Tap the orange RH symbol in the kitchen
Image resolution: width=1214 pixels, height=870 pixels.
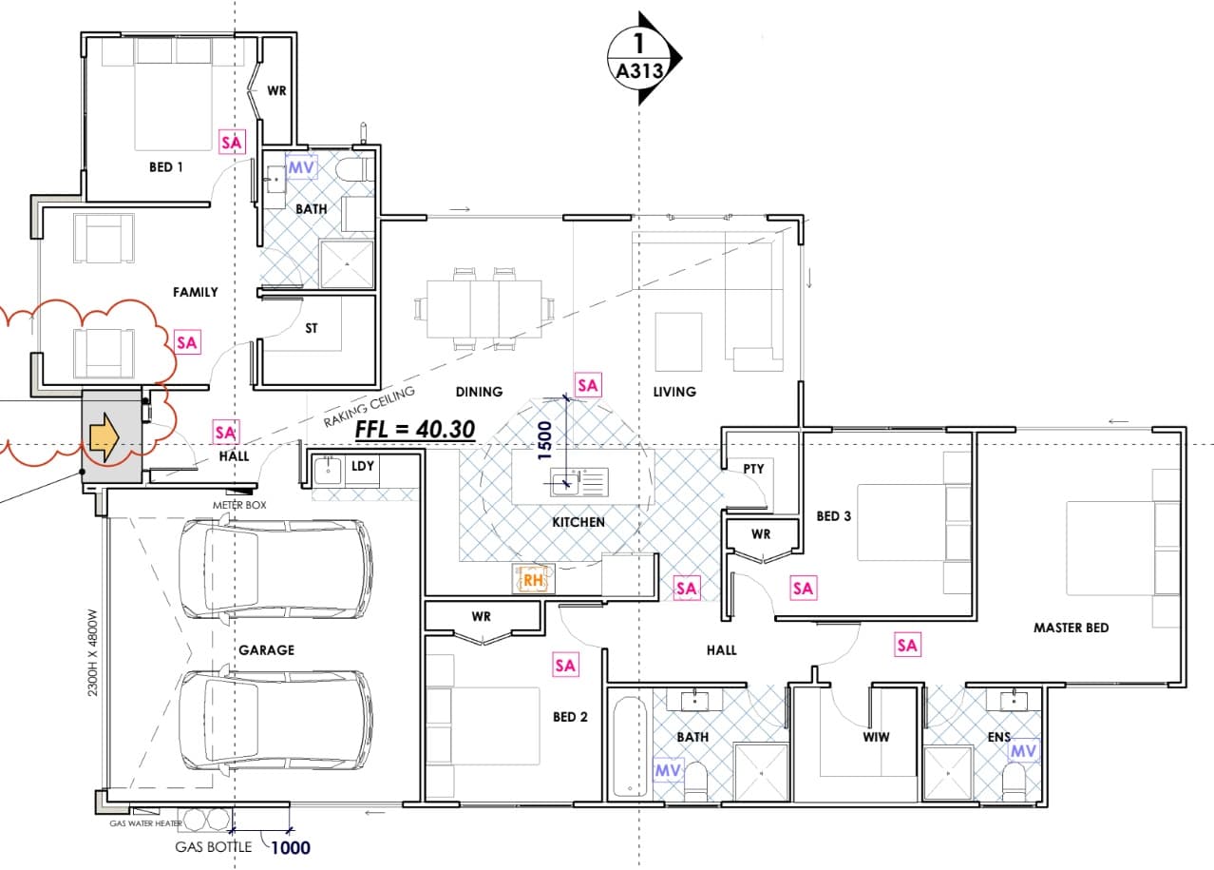pyautogui.click(x=533, y=580)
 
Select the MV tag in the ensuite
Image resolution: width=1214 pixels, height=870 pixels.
pyautogui.click(x=1024, y=751)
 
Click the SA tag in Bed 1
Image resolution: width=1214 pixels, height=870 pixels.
pyautogui.click(x=232, y=142)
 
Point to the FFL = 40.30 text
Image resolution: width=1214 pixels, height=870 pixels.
pyautogui.click(x=415, y=430)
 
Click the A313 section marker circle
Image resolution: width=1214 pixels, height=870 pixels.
pyautogui.click(x=640, y=57)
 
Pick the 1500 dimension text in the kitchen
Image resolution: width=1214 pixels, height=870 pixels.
pyautogui.click(x=544, y=441)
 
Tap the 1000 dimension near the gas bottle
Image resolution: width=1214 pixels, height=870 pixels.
pyautogui.click(x=291, y=847)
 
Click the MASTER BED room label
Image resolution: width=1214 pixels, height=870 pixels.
pyautogui.click(x=1071, y=628)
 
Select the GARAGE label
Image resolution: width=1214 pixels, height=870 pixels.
pyautogui.click(x=267, y=649)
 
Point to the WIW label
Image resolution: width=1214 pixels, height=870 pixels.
pyautogui.click(x=876, y=737)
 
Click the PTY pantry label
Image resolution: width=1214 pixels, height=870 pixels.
pyautogui.click(x=753, y=469)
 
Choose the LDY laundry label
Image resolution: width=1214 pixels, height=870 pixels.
pyautogui.click(x=363, y=466)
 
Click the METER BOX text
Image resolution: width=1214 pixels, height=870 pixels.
pyautogui.click(x=239, y=505)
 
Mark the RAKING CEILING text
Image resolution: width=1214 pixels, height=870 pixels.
pyautogui.click(x=370, y=406)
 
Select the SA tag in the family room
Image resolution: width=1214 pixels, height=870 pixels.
pyautogui.click(x=187, y=342)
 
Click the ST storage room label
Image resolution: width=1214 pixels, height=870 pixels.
pyautogui.click(x=311, y=328)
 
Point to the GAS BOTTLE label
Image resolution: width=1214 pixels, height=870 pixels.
pyautogui.click(x=214, y=846)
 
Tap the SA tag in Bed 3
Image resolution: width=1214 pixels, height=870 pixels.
pyautogui.click(x=804, y=588)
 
